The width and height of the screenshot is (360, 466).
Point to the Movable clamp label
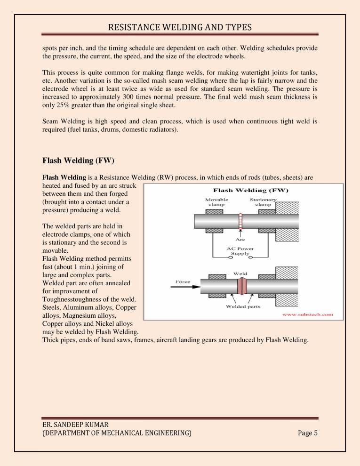pyautogui.click(x=217, y=202)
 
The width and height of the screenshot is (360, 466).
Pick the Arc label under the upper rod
pyautogui.click(x=240, y=239)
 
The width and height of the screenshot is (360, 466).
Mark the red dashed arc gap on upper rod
pyautogui.click(x=240, y=222)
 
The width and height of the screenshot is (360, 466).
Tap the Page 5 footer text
pyautogui.click(x=308, y=433)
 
